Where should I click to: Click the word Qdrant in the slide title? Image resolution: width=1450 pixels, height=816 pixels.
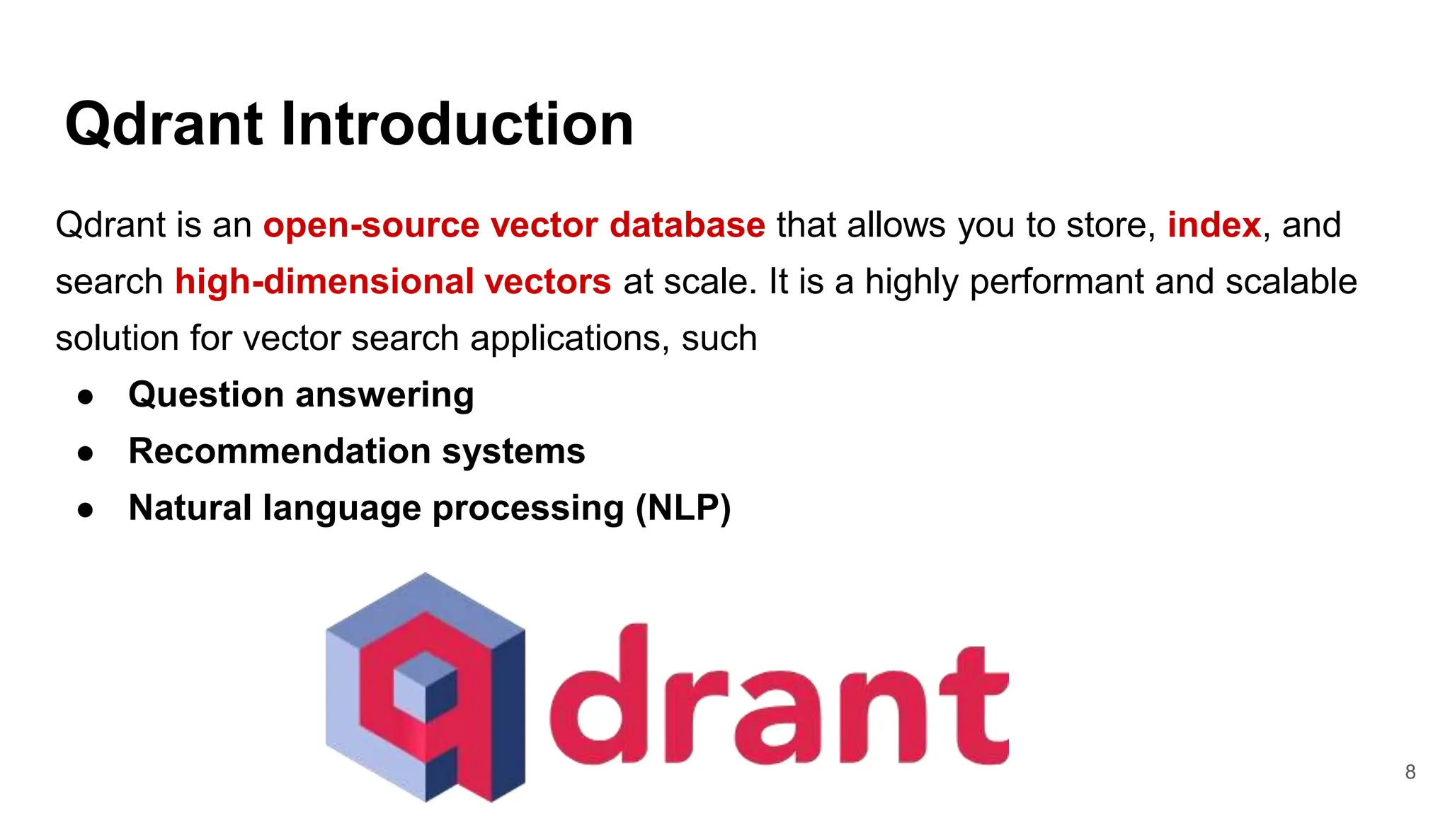(166, 125)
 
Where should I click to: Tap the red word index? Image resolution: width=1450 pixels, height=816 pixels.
(1214, 225)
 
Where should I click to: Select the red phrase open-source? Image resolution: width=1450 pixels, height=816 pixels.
(371, 225)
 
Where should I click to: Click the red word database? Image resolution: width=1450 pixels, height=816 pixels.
(687, 225)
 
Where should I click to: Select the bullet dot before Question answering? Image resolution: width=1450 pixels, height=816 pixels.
(86, 397)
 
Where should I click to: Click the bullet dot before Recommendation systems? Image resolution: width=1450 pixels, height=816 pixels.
(86, 453)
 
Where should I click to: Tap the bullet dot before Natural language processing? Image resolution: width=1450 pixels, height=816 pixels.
(86, 510)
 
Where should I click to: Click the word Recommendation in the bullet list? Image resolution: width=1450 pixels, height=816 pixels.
(279, 451)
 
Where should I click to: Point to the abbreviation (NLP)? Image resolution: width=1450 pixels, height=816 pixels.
(683, 508)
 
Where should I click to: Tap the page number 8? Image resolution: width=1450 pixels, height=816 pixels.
(1410, 772)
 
